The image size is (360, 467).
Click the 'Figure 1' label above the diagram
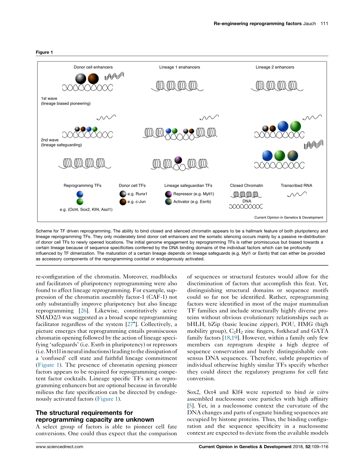[x=42, y=52]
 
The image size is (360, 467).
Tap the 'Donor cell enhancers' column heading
[x=93, y=67]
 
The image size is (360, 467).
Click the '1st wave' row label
[x=49, y=99]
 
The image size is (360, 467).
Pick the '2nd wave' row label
[x=50, y=140]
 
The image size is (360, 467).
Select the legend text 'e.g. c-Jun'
[x=136, y=202]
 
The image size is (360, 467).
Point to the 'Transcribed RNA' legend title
[x=296, y=186]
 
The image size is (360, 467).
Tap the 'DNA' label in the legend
[x=246, y=201]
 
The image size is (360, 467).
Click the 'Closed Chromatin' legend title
[x=246, y=186]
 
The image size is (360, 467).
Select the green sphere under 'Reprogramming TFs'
[x=80, y=202]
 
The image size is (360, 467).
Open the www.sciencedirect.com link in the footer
[x=59, y=447]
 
